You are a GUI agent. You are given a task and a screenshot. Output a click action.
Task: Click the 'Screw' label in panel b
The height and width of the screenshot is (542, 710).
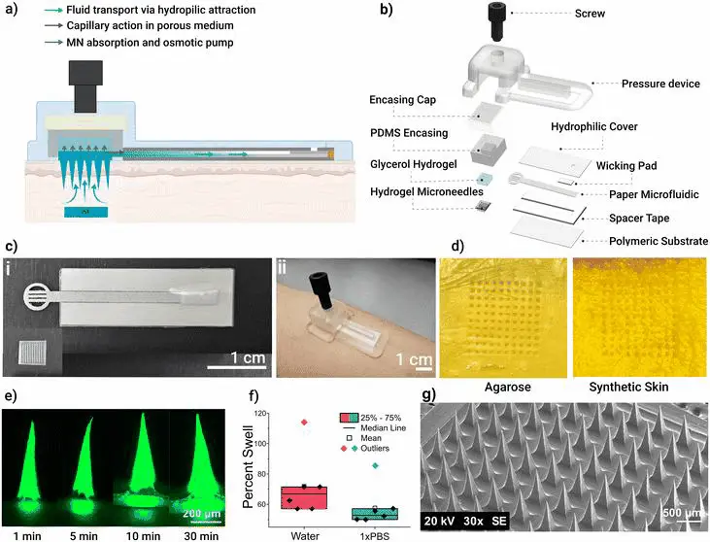[590, 14]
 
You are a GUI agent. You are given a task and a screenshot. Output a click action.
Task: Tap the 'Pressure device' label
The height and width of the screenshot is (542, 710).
[660, 84]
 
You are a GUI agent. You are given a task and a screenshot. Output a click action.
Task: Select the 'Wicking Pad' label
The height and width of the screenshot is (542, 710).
[626, 166]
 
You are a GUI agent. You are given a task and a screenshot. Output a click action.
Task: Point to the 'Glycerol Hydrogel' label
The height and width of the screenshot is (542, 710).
[414, 164]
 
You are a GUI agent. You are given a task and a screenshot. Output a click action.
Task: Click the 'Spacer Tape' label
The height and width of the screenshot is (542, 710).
[639, 219]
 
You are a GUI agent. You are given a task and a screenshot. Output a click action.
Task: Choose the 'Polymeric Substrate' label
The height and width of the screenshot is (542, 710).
[659, 241]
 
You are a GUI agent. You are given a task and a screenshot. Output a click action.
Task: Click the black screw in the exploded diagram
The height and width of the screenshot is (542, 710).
[499, 21]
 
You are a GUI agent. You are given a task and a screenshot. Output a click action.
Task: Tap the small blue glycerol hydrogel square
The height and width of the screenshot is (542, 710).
[484, 180]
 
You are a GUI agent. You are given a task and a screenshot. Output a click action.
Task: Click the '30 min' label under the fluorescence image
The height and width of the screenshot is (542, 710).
[201, 536]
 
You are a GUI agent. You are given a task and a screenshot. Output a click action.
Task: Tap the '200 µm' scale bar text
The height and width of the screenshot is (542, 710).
[202, 514]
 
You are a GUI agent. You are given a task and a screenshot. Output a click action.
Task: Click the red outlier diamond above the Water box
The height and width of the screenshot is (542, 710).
[304, 423]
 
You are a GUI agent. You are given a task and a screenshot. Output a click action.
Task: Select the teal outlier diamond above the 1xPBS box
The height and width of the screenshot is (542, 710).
[375, 465]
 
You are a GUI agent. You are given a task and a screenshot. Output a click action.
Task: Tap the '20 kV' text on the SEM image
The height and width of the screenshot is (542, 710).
[440, 522]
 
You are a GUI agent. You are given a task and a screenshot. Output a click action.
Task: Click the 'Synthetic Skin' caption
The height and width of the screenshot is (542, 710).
[628, 388]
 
